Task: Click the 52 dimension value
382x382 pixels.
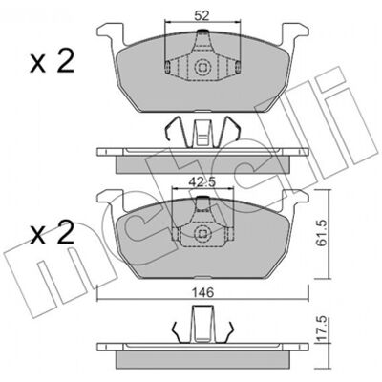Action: click(x=202, y=16)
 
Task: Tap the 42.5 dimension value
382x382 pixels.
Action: click(x=202, y=182)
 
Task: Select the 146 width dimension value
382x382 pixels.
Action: click(x=202, y=292)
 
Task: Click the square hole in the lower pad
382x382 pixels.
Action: click(x=202, y=233)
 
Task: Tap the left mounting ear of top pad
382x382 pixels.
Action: click(x=111, y=35)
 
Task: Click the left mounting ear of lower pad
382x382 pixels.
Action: click(x=111, y=201)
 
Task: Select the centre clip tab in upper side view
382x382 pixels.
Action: click(x=202, y=134)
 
